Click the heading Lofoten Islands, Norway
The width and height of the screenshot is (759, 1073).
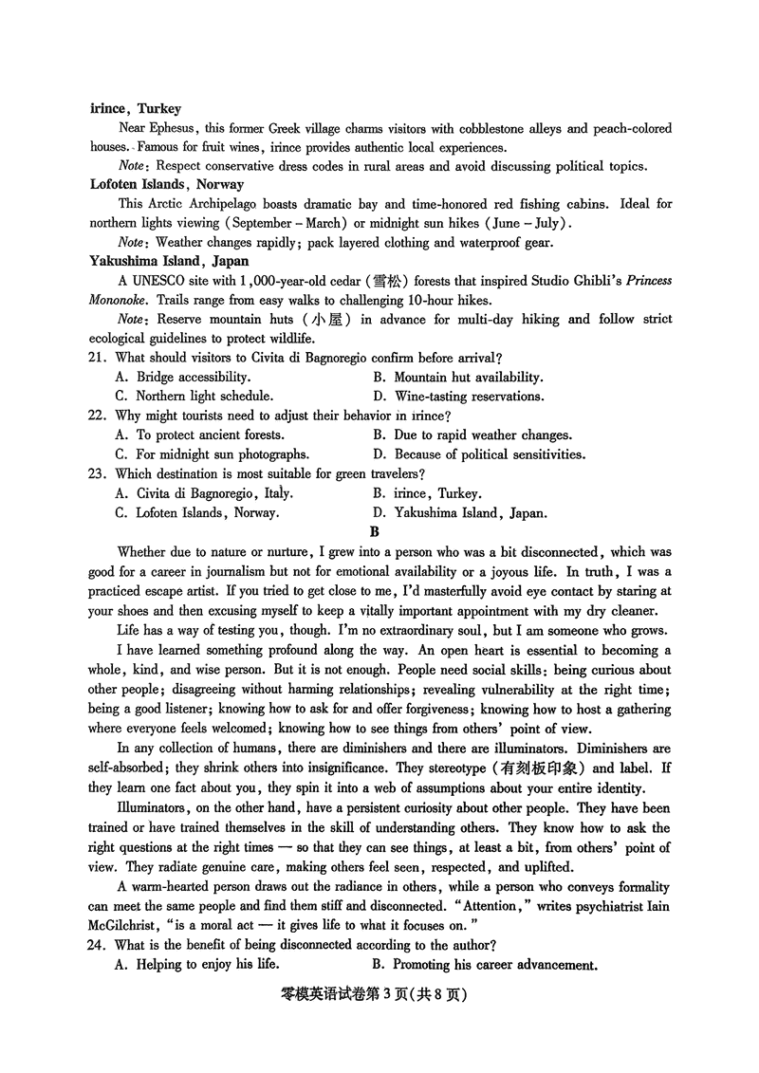click(166, 184)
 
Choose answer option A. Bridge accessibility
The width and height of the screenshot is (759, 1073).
click(181, 377)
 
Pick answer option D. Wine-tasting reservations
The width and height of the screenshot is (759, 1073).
click(458, 397)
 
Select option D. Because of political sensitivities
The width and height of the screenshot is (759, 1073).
click(478, 454)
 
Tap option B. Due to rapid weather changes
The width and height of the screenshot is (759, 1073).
click(472, 435)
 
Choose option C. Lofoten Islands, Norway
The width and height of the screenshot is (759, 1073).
click(196, 512)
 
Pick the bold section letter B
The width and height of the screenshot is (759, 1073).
click(375, 532)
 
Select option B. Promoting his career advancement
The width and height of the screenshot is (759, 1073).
click(485, 965)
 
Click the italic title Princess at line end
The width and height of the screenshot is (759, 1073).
click(644, 280)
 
